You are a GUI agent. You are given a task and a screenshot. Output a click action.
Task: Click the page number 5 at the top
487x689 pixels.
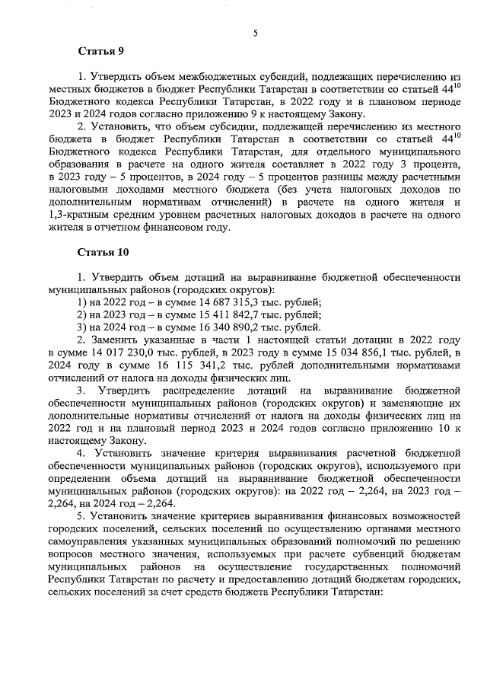(x=256, y=33)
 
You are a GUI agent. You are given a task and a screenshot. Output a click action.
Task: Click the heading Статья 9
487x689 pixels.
(x=100, y=51)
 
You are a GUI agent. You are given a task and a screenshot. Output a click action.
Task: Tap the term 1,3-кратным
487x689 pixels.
(x=77, y=215)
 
